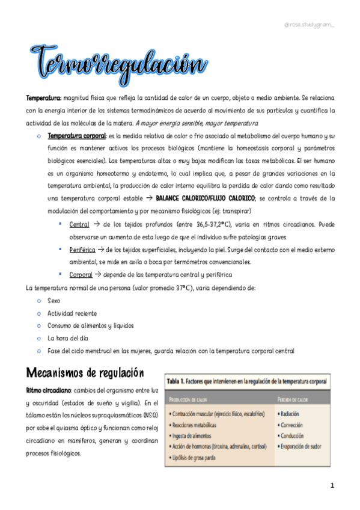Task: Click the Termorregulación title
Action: coord(118,63)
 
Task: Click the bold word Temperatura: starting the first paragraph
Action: coord(43,97)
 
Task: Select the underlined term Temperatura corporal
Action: coord(76,137)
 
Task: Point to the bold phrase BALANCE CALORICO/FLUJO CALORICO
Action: coord(204,198)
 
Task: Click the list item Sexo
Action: coord(53,300)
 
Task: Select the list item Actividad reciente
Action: coord(72,313)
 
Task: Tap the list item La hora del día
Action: coord(69,338)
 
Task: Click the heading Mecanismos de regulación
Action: coord(85,372)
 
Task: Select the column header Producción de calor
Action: coord(192,399)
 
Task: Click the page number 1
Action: coord(332,485)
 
